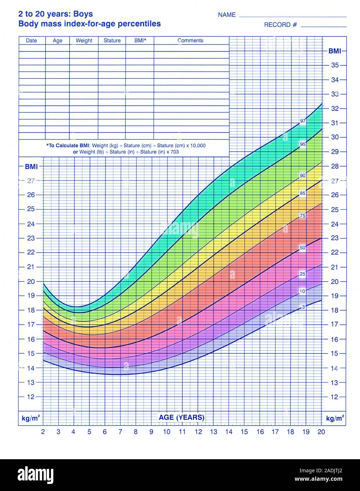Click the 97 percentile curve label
pyautogui.click(x=303, y=121)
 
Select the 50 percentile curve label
pyautogui.click(x=302, y=248)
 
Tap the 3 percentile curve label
pyautogui.click(x=303, y=307)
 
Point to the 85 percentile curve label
pyautogui.click(x=303, y=193)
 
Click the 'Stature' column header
pyautogui.click(x=112, y=41)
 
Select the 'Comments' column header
pyautogui.click(x=190, y=41)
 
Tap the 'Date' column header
pyautogui.click(x=31, y=41)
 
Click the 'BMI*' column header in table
pyautogui.click(x=140, y=41)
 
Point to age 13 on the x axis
pyautogui.click(x=213, y=431)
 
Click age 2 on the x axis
pyautogui.click(x=43, y=431)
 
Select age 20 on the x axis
pyautogui.click(x=321, y=431)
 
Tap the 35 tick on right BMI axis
pyautogui.click(x=335, y=65)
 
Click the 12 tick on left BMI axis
pyautogui.click(x=31, y=397)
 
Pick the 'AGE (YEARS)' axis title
pyautogui.click(x=182, y=417)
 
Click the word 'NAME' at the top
pyautogui.click(x=227, y=15)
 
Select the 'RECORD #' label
pyautogui.click(x=280, y=25)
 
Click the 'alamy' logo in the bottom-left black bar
pyautogui.click(x=36, y=474)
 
